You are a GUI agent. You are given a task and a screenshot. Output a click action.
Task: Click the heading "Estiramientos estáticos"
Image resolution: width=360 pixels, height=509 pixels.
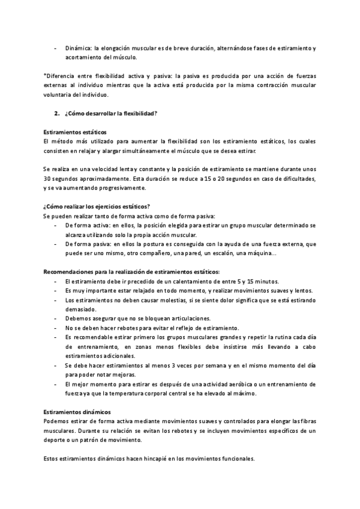[x=74, y=131]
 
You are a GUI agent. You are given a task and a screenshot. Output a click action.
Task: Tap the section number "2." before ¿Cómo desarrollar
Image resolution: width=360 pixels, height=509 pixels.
[x=57, y=113]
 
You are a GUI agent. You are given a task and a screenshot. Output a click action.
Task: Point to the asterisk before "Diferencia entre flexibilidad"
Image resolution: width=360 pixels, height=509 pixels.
[x=45, y=76]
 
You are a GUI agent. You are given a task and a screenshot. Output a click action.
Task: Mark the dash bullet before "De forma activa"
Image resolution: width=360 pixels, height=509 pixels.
[x=55, y=225]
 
